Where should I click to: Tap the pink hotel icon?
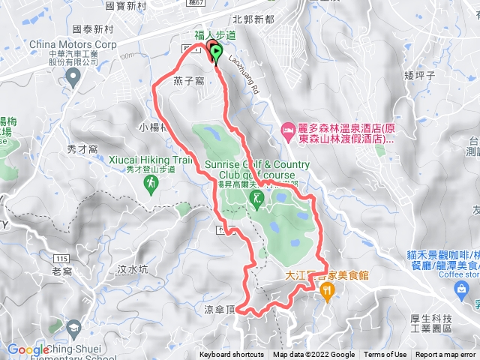[289, 130]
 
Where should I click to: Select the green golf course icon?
[257, 198]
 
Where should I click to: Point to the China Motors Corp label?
[73, 44]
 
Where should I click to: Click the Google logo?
[28, 349]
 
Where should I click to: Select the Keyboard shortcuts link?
[231, 355]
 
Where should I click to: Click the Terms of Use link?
[385, 355]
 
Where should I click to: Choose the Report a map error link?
[445, 355]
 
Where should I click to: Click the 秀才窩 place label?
[82, 149]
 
